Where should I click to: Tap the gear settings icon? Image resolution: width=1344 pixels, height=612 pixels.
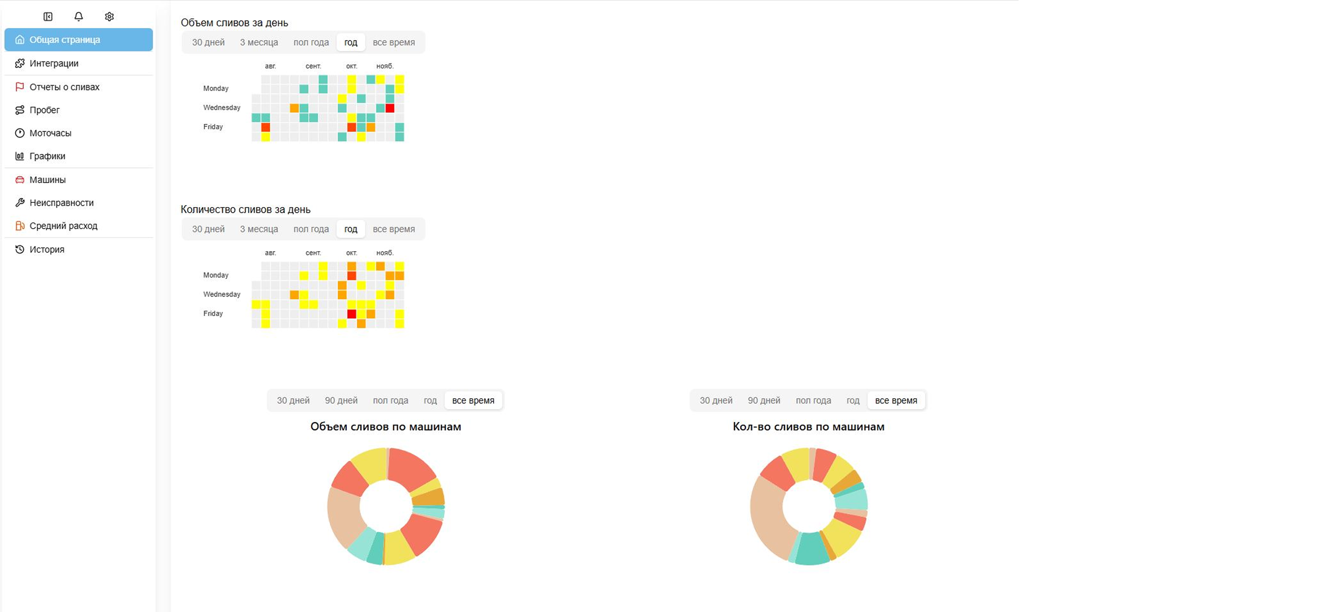click(x=109, y=17)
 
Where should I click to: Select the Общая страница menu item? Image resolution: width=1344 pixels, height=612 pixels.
click(x=78, y=40)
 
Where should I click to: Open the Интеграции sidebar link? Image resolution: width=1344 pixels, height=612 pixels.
click(x=54, y=64)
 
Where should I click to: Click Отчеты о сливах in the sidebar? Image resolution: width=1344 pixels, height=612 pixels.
click(x=64, y=87)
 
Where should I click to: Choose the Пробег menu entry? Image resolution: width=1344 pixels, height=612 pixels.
click(x=44, y=110)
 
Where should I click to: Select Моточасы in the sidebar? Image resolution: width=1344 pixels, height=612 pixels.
click(x=50, y=133)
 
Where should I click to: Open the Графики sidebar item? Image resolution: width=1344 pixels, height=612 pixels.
click(x=47, y=156)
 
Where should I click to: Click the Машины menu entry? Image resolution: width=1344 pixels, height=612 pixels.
click(x=47, y=180)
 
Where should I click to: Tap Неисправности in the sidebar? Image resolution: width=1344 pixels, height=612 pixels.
click(x=62, y=203)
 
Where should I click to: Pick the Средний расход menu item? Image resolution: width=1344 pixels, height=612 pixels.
click(x=63, y=226)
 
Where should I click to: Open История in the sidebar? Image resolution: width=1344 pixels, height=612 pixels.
click(x=47, y=249)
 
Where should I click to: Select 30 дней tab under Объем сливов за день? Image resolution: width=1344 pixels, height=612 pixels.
click(x=208, y=42)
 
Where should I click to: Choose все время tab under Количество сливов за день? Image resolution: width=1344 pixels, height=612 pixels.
click(x=394, y=229)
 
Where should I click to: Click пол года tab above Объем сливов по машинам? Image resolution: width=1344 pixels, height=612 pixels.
click(x=390, y=400)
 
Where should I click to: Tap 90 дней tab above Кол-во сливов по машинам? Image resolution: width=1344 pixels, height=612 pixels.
click(x=764, y=400)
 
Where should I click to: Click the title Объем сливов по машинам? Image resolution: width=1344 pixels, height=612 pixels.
click(x=385, y=426)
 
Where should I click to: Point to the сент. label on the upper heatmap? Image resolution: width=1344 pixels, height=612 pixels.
click(x=313, y=66)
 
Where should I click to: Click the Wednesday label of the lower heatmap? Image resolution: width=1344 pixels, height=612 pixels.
click(x=222, y=294)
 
